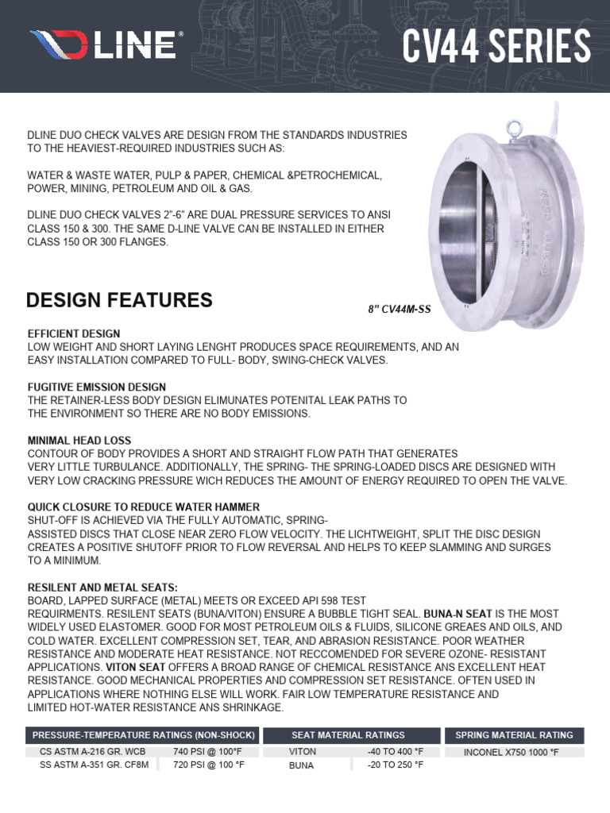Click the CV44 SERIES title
point(496,45)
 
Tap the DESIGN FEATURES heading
point(119,300)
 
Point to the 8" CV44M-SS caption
point(400,309)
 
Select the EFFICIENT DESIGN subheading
point(74,334)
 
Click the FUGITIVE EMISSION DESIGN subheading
point(97,387)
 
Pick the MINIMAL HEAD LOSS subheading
point(79,440)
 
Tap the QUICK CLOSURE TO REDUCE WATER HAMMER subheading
point(144,507)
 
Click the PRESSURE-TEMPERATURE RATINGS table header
point(144,735)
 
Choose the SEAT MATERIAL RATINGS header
point(348,735)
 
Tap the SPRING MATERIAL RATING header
point(514,735)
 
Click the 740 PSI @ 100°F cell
point(208,751)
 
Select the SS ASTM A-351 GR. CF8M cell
point(92,765)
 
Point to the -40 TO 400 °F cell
point(395,751)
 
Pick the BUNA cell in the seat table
point(301,765)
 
